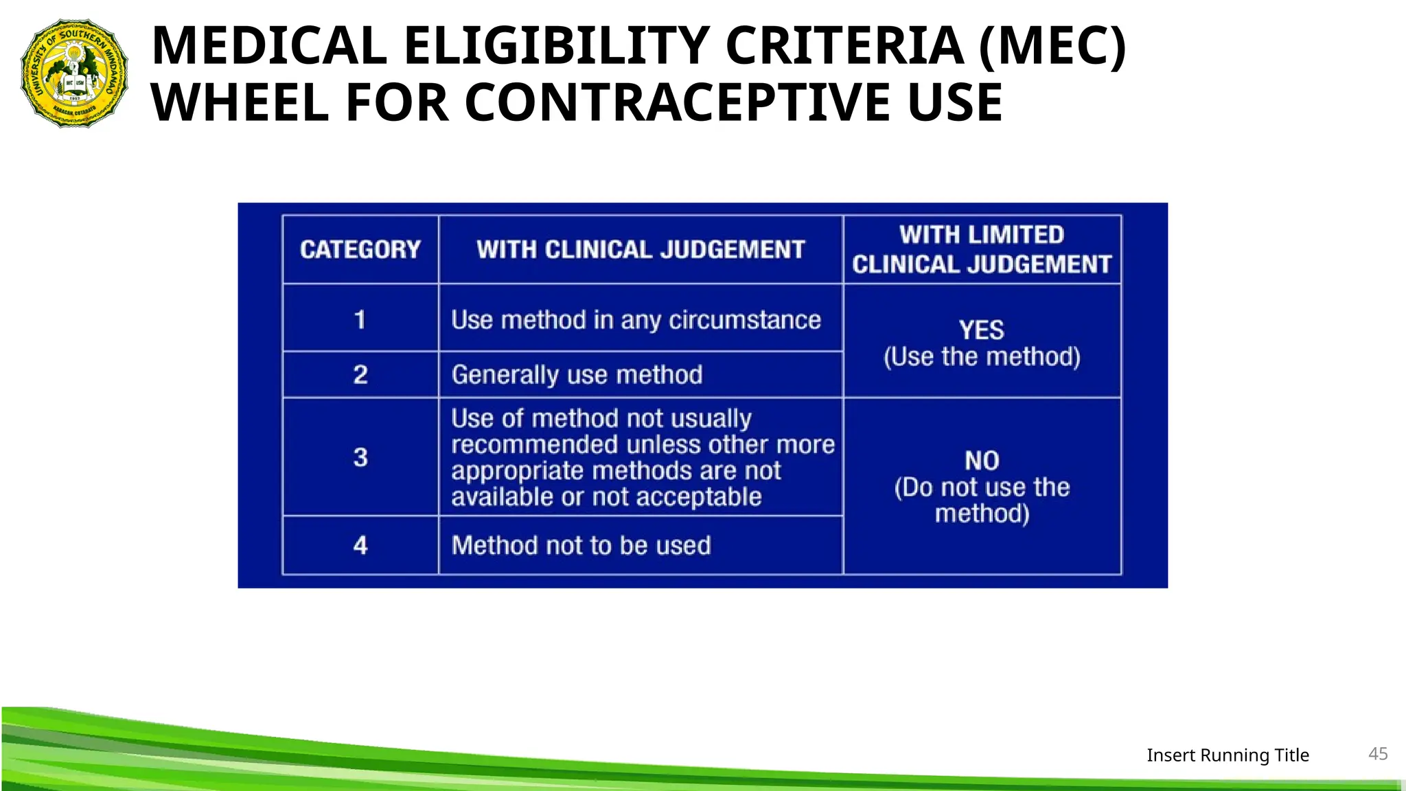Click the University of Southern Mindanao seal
tap(74, 73)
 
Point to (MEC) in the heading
tap(1052, 46)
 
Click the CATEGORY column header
tap(360, 249)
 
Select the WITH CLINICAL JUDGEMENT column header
tap(641, 249)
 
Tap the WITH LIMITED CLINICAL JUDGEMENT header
tap(982, 249)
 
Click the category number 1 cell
tap(360, 320)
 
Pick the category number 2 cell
tap(360, 375)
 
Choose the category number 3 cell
tap(360, 457)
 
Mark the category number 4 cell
tap(360, 545)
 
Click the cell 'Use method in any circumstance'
tap(636, 320)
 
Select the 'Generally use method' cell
tap(577, 375)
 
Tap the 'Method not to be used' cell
tap(581, 545)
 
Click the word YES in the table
tap(982, 330)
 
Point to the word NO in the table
tap(982, 461)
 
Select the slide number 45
tap(1378, 754)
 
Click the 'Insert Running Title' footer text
tap(1228, 755)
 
